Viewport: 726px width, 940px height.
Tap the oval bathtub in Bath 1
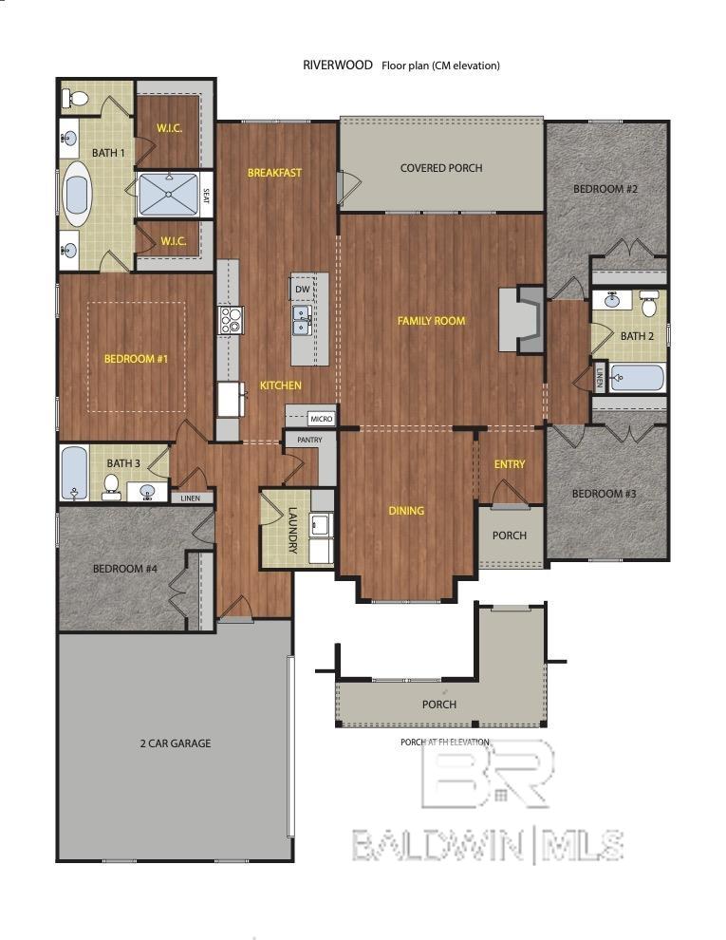point(76,194)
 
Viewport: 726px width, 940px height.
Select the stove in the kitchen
point(230,320)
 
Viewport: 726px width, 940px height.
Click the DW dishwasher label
point(302,290)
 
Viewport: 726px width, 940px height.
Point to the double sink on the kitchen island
point(302,320)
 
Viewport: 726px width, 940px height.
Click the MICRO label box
point(320,418)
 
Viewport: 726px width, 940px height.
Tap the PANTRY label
point(309,441)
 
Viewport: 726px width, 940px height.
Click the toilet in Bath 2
point(649,305)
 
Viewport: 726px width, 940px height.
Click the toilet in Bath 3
point(111,486)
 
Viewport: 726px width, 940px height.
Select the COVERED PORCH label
point(441,168)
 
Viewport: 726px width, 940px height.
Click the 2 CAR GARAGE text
point(175,743)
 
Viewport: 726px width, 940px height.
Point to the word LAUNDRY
point(293,531)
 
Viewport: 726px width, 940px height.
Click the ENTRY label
point(510,463)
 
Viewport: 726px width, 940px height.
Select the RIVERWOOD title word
point(337,66)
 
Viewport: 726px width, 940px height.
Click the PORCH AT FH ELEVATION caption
point(445,742)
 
